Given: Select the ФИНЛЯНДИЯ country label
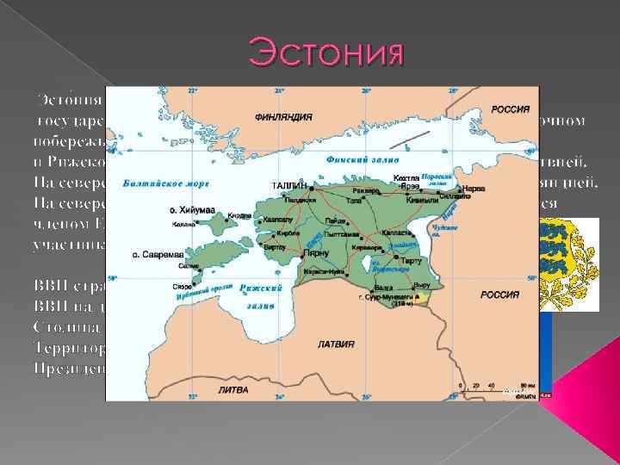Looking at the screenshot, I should tap(283, 115).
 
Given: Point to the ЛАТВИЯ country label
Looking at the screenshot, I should tap(335, 344).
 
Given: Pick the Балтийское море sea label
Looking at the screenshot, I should tap(166, 183).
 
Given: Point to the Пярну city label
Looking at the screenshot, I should tap(319, 255).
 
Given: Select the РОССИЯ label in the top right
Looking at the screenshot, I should tap(509, 109).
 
